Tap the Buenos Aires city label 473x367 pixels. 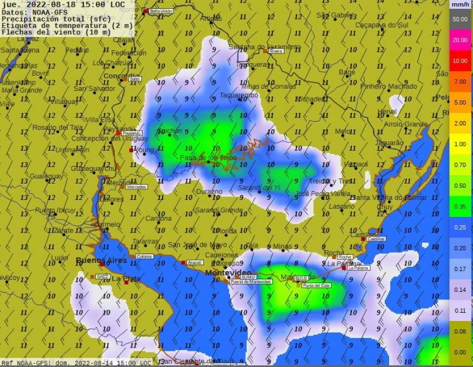(x=101, y=260)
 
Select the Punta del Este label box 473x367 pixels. (x=315, y=286)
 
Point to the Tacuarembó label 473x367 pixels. (x=239, y=95)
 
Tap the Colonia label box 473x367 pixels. (x=144, y=257)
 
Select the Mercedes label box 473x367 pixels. (x=137, y=187)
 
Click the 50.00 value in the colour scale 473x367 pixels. (x=459, y=19)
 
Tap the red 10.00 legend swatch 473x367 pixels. (x=459, y=61)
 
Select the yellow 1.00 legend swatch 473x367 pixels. (x=459, y=144)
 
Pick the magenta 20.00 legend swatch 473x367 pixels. (x=459, y=40)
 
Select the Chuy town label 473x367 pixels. (x=384, y=207)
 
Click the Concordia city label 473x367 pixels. (x=121, y=76)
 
